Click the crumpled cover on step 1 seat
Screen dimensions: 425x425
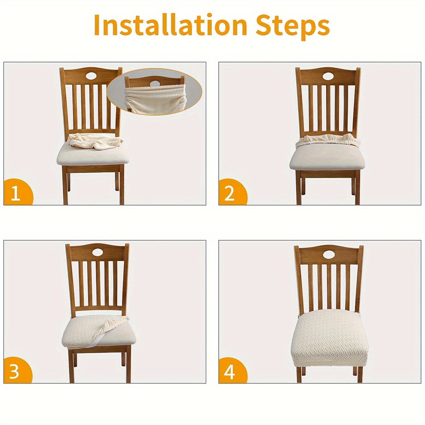[95, 142]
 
